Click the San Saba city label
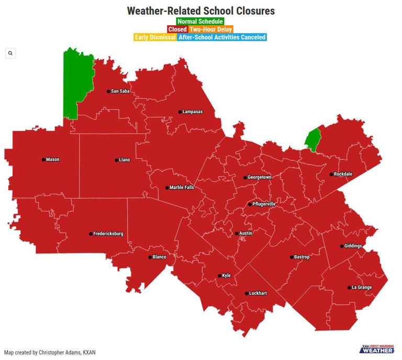pos(120,91)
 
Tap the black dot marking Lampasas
pos(180,112)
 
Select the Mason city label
pos(52,160)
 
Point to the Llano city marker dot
pos(116,160)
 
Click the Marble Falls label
pos(182,188)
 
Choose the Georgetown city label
pos(260,177)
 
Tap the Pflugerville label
pos(264,204)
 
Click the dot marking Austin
pos(237,233)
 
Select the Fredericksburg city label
pos(108,234)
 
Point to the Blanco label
pos(159,257)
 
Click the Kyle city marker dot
pos(220,276)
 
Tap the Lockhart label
pos(258,293)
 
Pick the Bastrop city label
pos(302,257)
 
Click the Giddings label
pos(353,246)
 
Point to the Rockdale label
pos(343,174)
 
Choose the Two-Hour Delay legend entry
pos(211,29)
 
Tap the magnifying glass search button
pos(10,53)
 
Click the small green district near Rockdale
pos(312,139)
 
